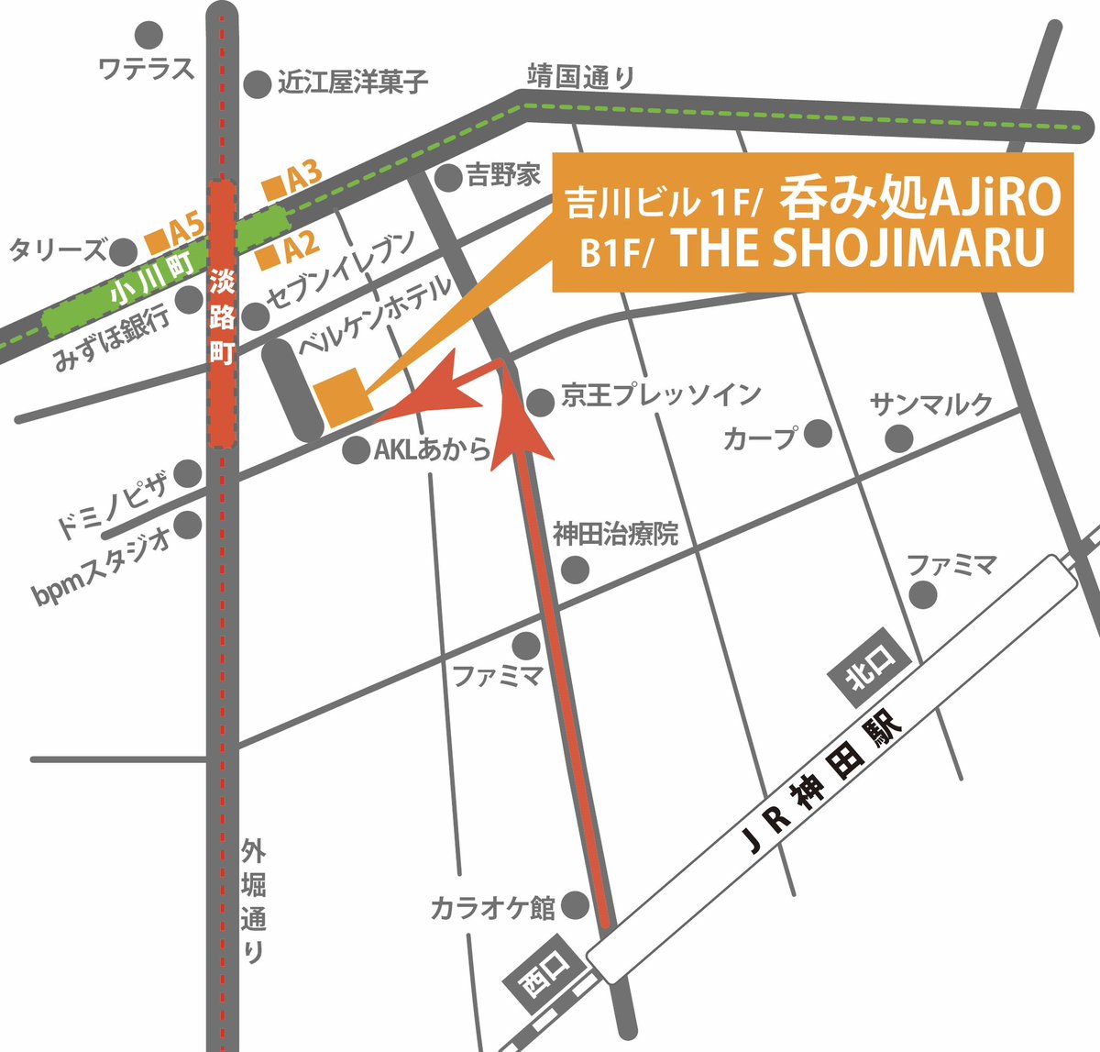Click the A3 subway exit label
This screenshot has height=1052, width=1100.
pos(293,181)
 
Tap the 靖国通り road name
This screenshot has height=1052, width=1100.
pos(579,77)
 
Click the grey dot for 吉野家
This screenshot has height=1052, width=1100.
pos(447,177)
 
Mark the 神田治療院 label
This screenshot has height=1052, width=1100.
pos(615,534)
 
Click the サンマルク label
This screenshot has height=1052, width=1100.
pos(931,403)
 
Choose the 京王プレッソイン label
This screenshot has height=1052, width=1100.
pos(661,395)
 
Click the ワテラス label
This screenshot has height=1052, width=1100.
pos(147,69)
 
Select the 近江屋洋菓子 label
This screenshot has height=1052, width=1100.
pos(353,83)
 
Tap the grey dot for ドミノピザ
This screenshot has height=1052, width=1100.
pos(188,473)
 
